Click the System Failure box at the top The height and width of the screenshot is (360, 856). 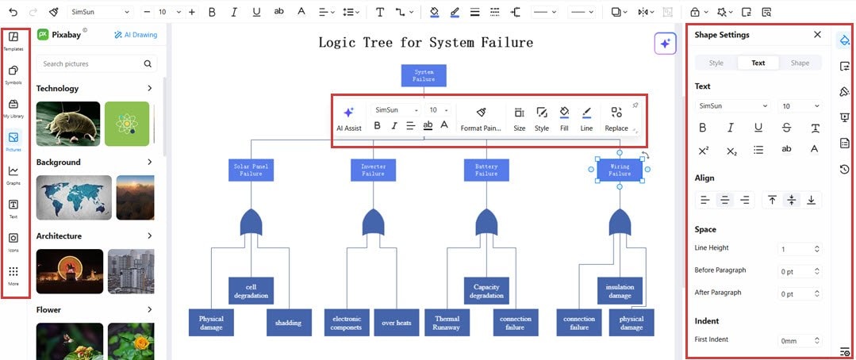click(x=424, y=75)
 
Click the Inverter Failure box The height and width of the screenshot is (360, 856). click(x=373, y=170)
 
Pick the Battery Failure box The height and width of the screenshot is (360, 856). click(x=486, y=170)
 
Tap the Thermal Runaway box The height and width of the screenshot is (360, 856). click(x=446, y=322)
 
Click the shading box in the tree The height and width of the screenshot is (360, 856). click(x=288, y=322)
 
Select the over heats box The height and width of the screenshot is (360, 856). click(x=396, y=322)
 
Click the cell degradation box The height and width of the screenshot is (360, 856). click(x=251, y=290)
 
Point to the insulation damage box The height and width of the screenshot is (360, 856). click(x=620, y=290)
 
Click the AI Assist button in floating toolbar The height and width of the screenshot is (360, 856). click(x=348, y=118)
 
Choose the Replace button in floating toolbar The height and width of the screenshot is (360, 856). click(x=616, y=118)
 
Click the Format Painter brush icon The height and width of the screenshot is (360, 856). click(x=481, y=113)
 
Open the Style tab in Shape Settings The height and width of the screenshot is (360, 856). click(x=716, y=63)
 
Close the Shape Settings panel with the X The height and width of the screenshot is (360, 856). click(x=817, y=35)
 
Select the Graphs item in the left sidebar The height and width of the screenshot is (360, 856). click(x=13, y=174)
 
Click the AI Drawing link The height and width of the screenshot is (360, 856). click(x=136, y=35)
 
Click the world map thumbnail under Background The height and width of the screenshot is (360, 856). click(x=68, y=197)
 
